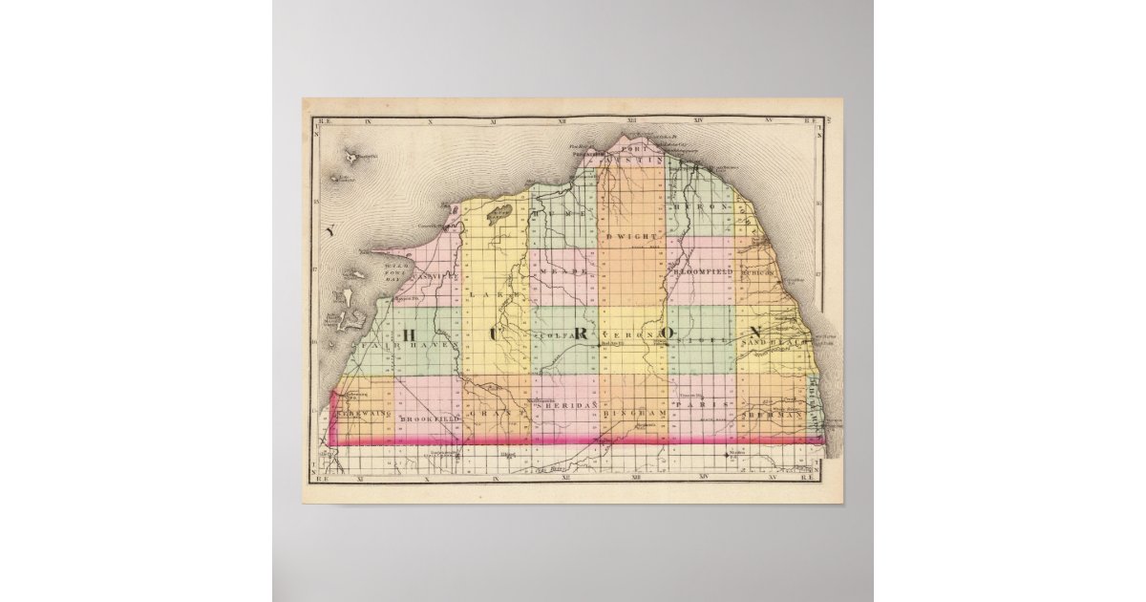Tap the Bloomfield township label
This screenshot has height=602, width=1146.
pos(702,272)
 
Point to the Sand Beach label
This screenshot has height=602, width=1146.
pos(777,340)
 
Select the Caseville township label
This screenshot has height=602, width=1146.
pos(427,275)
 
